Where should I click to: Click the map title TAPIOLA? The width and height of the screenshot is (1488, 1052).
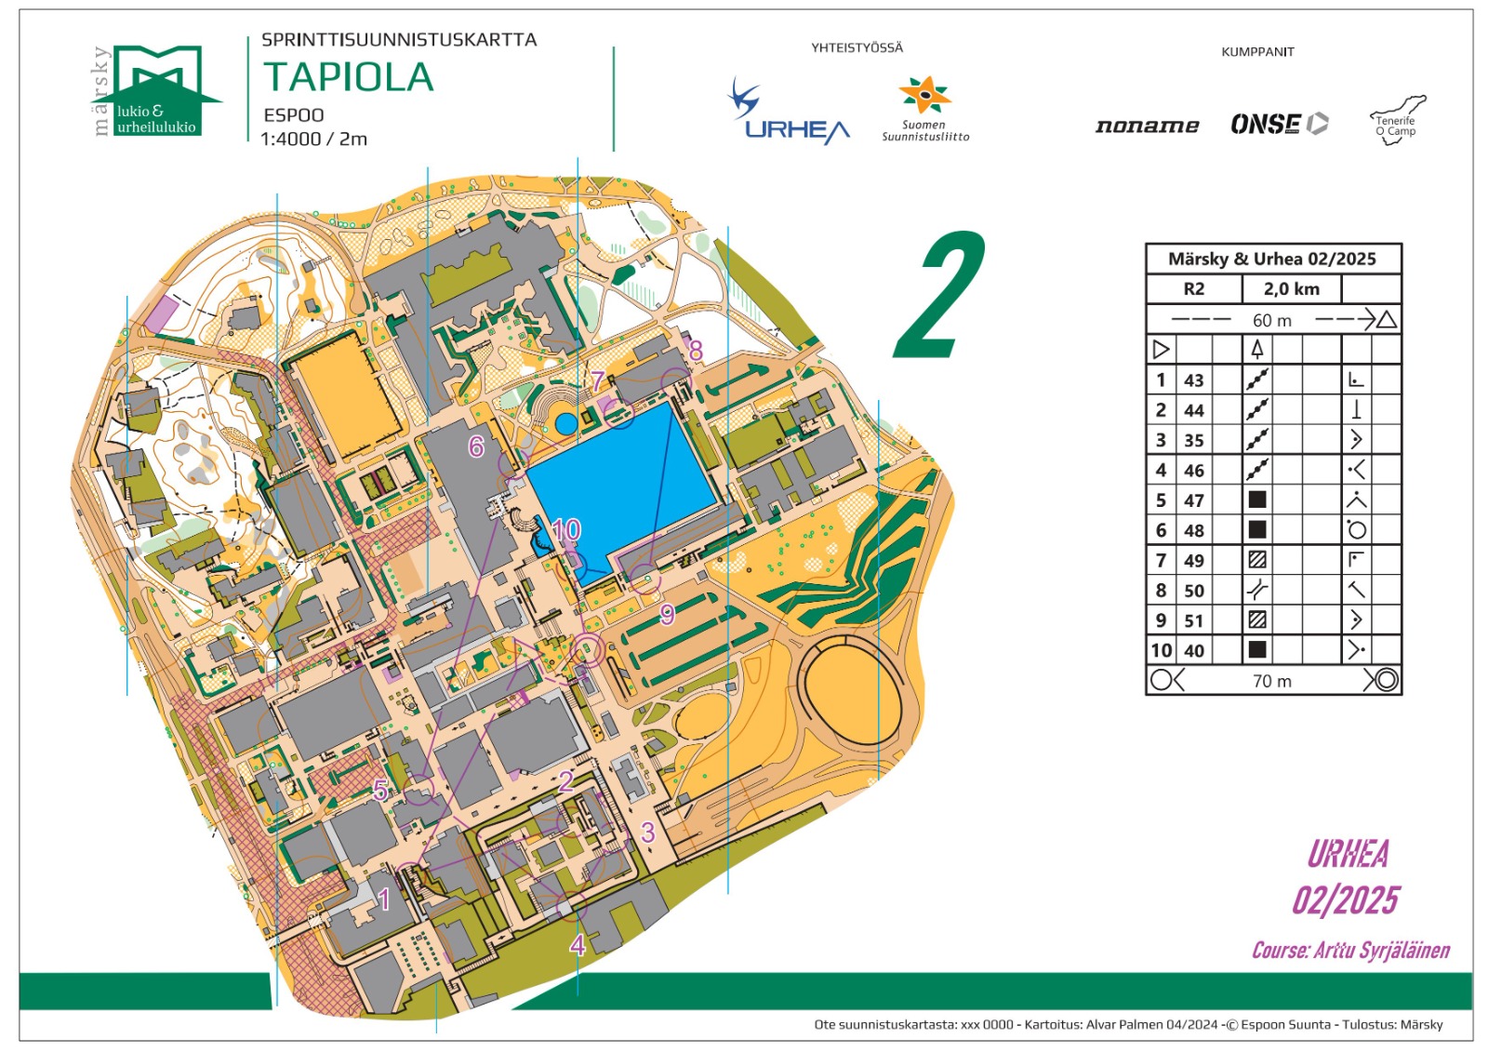click(349, 77)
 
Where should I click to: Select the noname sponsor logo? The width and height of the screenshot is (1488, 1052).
click(1147, 126)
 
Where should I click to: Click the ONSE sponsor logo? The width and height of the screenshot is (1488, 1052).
click(1279, 124)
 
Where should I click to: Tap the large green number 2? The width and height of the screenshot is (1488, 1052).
click(941, 296)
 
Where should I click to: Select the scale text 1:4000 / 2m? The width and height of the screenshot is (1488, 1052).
click(313, 140)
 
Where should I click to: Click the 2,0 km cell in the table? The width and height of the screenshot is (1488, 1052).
click(1291, 289)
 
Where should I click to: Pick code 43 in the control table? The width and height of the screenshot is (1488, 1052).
click(1193, 380)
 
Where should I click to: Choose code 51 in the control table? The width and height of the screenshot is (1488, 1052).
click(1193, 621)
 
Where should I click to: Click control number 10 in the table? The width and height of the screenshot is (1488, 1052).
click(1161, 651)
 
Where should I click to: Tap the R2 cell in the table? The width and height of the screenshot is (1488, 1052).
click(1193, 289)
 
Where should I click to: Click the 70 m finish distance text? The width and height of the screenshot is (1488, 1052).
click(1271, 682)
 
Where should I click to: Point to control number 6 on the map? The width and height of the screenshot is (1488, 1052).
click(476, 447)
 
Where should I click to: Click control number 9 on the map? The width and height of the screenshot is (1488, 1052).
click(667, 615)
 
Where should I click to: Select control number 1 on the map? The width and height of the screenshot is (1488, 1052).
click(384, 899)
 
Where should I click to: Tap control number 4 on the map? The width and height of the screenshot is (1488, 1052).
click(578, 946)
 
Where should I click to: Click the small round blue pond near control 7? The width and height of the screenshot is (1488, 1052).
click(566, 424)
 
